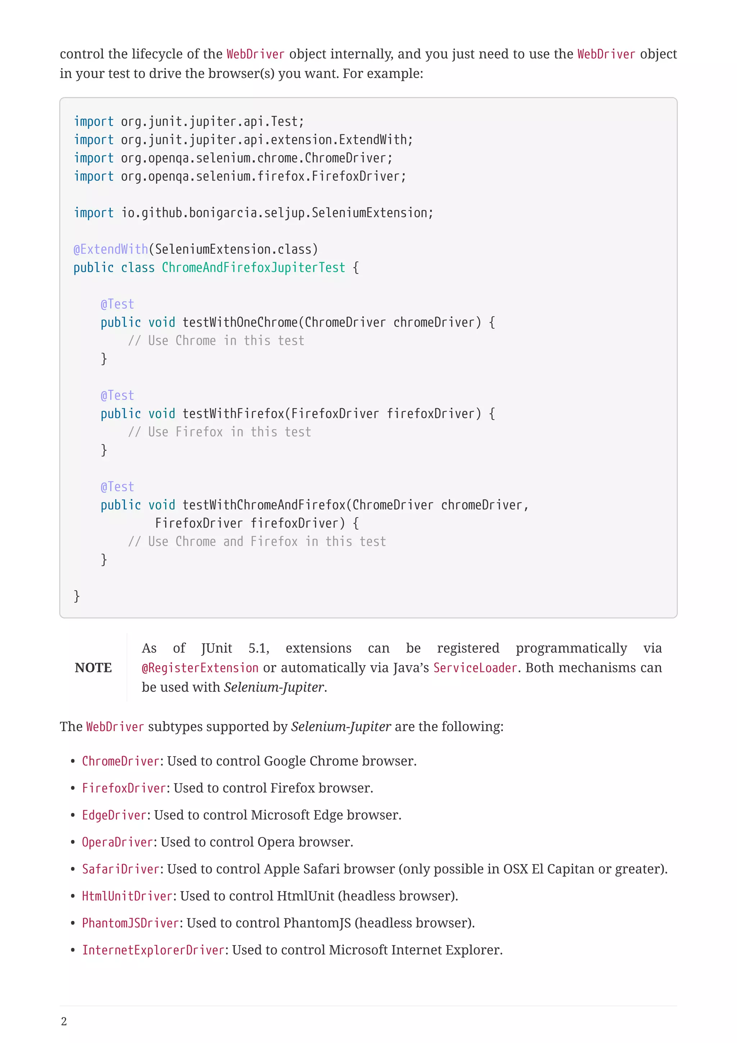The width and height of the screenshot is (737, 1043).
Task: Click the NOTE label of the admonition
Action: click(93, 667)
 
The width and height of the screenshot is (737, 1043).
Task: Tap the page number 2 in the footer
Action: click(64, 1021)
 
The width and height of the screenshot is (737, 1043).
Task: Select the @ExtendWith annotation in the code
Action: click(111, 249)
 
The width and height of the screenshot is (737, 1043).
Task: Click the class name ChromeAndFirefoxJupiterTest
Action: click(253, 268)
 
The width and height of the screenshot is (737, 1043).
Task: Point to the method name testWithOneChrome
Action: click(240, 323)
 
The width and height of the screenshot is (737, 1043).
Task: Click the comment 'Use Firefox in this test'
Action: click(220, 432)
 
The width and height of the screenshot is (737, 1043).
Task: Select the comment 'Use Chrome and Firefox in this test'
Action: click(257, 541)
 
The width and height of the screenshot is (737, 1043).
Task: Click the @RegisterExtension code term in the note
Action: click(200, 668)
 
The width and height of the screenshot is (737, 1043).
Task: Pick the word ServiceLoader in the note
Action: click(475, 668)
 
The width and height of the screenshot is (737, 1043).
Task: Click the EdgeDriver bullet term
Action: click(114, 815)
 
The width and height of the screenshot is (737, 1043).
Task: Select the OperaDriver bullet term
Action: click(117, 842)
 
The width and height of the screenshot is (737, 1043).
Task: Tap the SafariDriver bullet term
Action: click(120, 869)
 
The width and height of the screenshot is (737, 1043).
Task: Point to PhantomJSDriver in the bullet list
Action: click(130, 923)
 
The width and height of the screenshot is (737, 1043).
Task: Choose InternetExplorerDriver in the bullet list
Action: click(153, 950)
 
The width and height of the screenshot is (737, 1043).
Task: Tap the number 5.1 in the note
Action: click(258, 648)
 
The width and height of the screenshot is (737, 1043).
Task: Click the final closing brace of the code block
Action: click(77, 596)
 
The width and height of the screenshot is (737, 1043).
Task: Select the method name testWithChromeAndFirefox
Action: click(264, 505)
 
